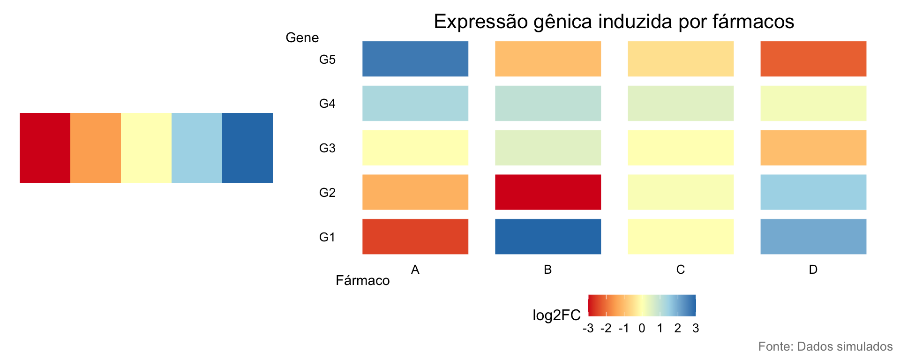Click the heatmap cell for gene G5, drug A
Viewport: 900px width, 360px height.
coord(415,59)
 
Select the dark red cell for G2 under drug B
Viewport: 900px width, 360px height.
coord(547,192)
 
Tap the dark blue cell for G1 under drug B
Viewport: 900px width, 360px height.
coord(547,237)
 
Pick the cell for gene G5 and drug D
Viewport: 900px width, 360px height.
coord(813,59)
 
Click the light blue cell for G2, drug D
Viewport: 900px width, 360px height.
coord(813,192)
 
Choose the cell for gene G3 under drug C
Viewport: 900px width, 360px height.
coord(680,148)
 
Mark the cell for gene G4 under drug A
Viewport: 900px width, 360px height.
coord(415,103)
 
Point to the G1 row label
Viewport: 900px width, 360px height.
coord(327,237)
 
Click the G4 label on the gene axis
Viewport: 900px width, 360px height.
coord(327,104)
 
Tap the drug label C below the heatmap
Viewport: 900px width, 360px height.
coord(680,270)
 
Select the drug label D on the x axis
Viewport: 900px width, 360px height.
coord(813,270)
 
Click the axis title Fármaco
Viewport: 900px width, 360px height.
coord(362,280)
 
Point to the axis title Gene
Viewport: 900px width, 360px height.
coord(302,37)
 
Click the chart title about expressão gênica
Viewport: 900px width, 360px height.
coord(614,22)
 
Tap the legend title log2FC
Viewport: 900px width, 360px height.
coord(556,315)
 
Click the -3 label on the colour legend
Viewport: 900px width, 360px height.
coord(588,328)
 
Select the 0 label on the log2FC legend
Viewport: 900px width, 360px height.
coord(642,328)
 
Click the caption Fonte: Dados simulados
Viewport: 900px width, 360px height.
coord(825,346)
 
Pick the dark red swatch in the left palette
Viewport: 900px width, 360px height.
coord(45,148)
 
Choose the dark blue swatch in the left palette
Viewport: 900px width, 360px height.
coord(247,148)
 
